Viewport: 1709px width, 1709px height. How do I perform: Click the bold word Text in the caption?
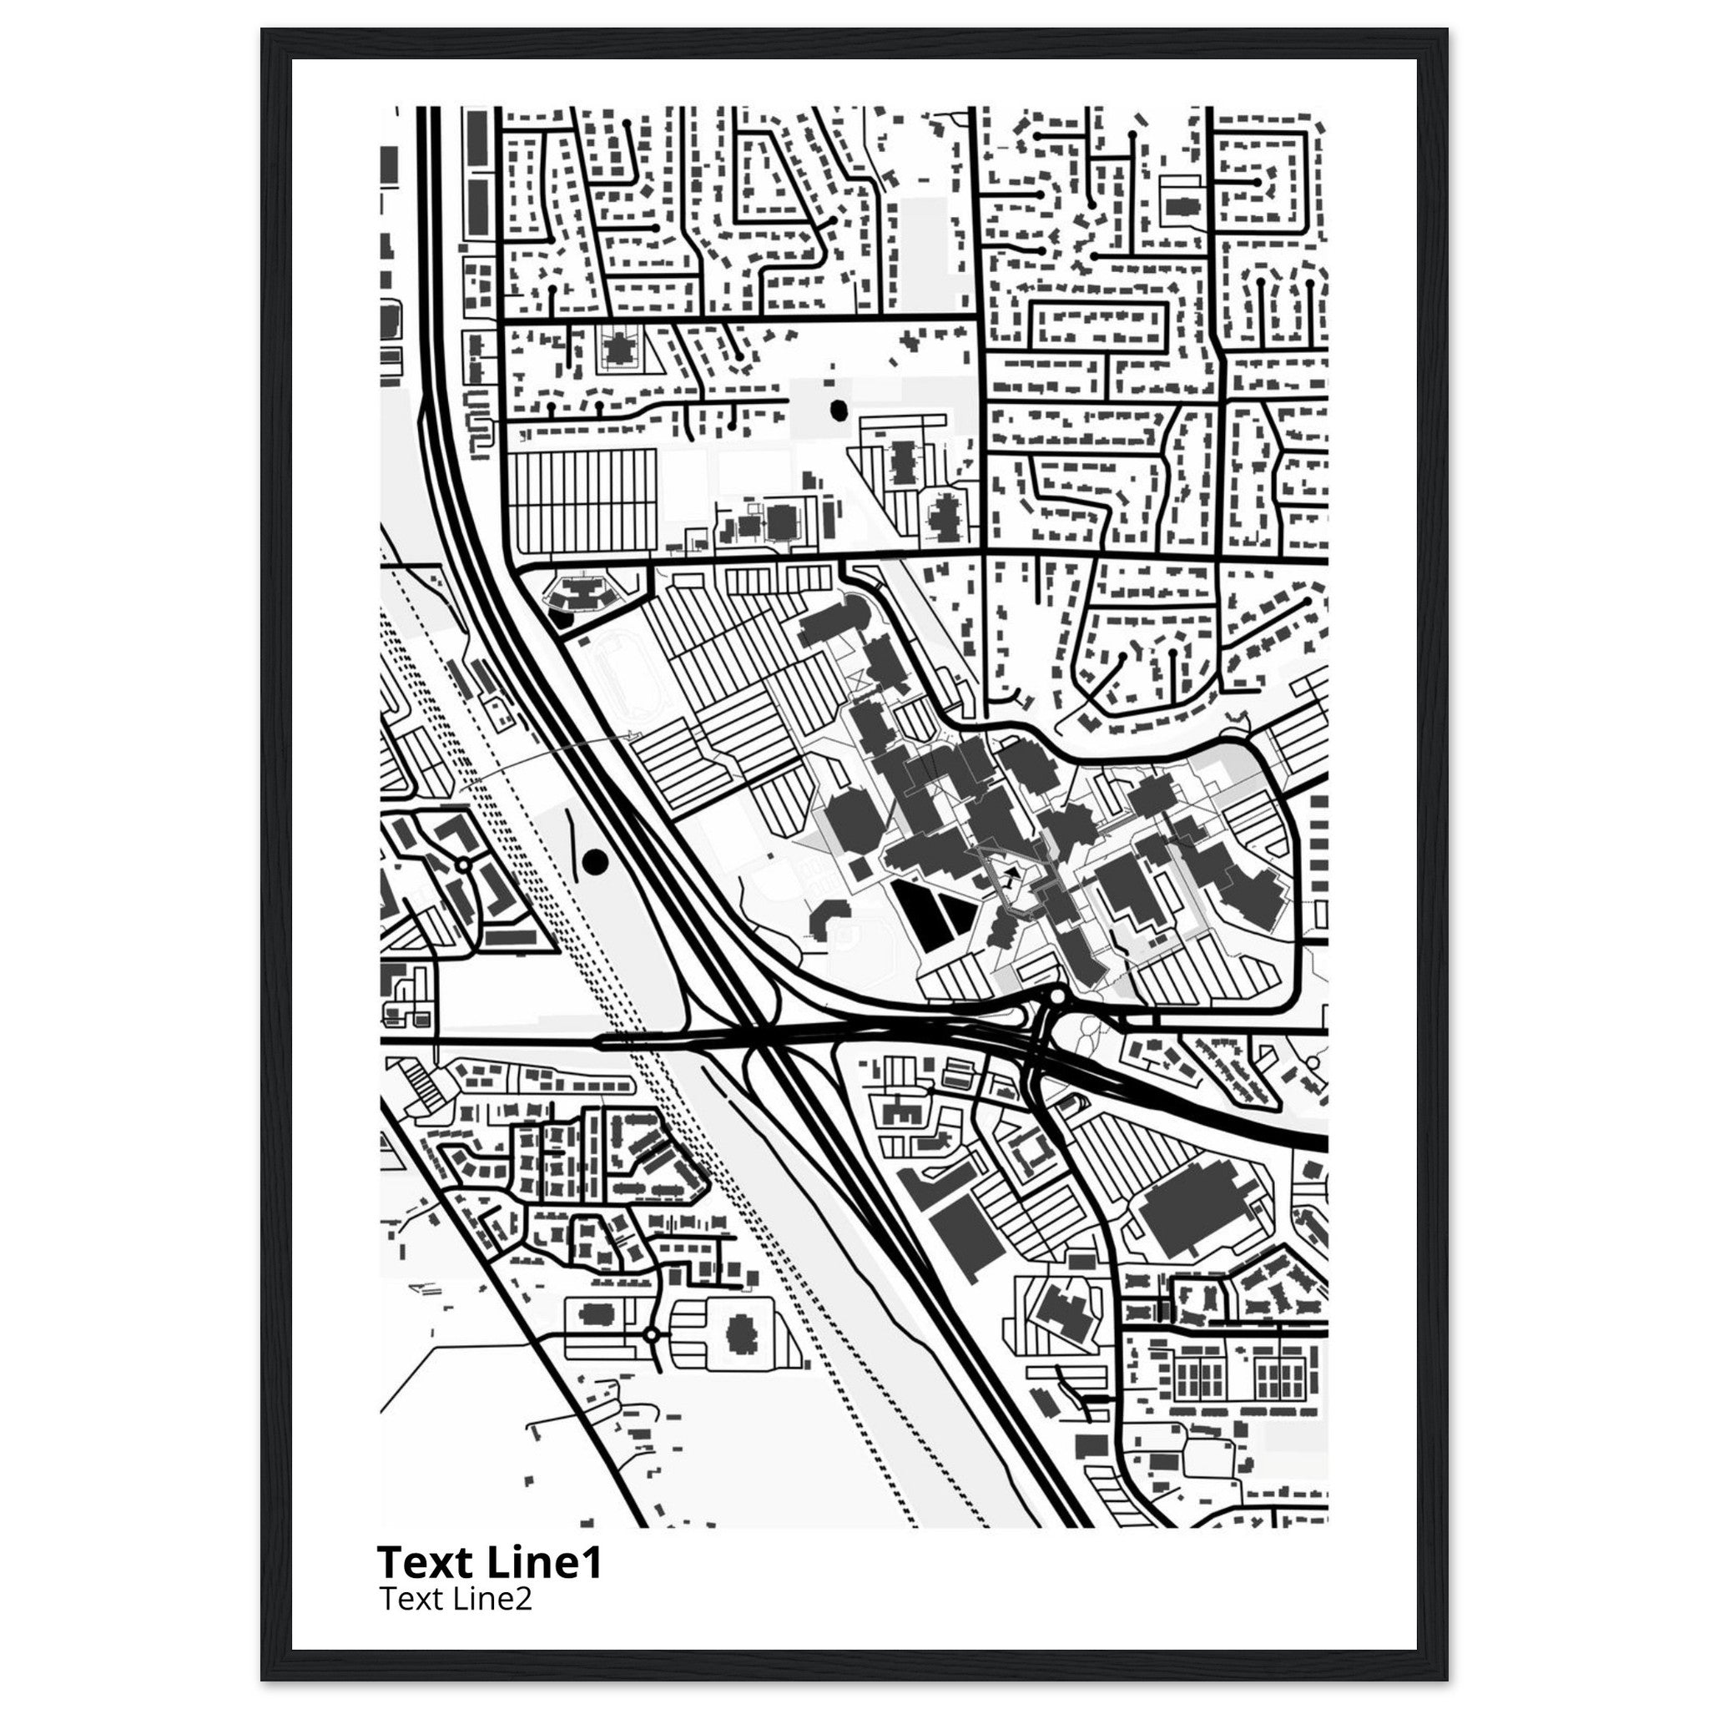tap(426, 1562)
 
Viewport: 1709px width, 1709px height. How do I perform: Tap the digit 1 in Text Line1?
tap(591, 1562)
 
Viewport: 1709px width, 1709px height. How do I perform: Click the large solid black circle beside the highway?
tap(595, 860)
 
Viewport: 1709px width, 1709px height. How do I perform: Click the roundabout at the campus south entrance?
tap(1057, 998)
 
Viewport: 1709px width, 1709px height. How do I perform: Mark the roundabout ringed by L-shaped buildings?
tap(461, 865)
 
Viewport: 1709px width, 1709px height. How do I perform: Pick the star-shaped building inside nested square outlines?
tap(618, 348)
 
